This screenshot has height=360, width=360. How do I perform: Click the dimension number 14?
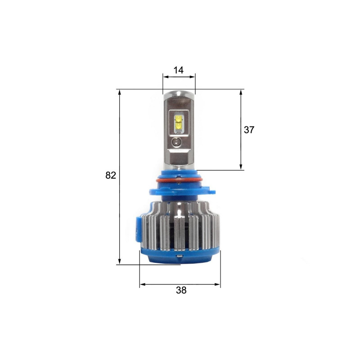178,70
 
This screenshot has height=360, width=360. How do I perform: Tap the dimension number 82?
111,175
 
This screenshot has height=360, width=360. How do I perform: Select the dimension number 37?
249,130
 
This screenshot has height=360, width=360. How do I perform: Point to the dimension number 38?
181,290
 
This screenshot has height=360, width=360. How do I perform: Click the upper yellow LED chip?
179,119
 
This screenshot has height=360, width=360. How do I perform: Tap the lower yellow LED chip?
179,126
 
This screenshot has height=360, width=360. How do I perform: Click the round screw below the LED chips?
176,142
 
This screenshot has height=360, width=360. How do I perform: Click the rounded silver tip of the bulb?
179,94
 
